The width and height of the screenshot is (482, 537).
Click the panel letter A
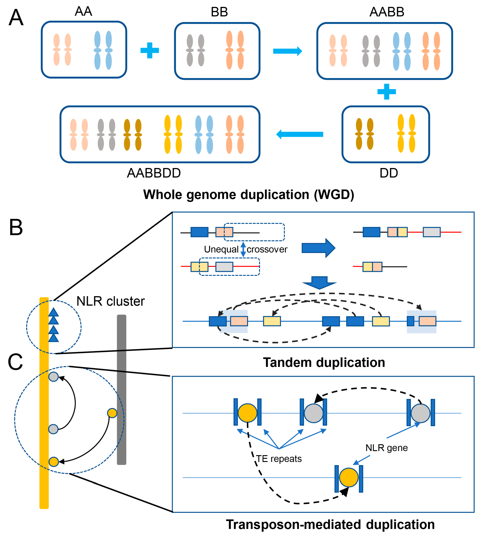pyautogui.click(x=16, y=18)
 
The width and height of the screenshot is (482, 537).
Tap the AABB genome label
pyautogui.click(x=387, y=12)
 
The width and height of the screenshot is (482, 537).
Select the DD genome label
pyautogui.click(x=389, y=173)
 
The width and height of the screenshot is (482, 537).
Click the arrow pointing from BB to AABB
pyautogui.click(x=287, y=51)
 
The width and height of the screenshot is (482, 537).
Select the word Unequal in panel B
pyautogui.click(x=221, y=249)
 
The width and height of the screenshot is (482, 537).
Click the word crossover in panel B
pyautogui.click(x=267, y=249)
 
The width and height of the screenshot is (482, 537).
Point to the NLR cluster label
pyautogui.click(x=110, y=301)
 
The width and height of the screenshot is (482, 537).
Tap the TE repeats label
pyautogui.click(x=279, y=459)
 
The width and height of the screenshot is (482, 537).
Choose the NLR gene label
pyautogui.click(x=386, y=448)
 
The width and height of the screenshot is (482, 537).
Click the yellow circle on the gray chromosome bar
pyautogui.click(x=112, y=413)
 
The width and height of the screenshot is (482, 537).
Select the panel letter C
pyautogui.click(x=15, y=362)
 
